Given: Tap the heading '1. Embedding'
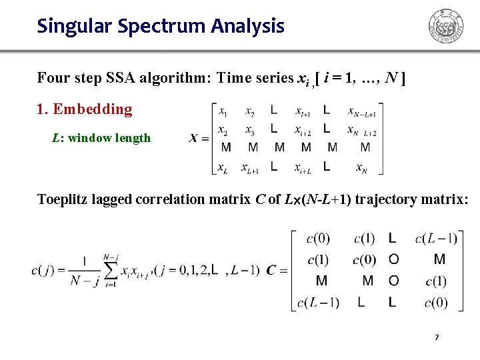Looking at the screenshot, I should (x=85, y=109).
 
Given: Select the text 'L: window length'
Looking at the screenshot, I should (x=101, y=138).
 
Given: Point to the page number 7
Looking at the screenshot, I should (x=437, y=337).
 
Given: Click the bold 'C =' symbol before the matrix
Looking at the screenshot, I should (x=277, y=270).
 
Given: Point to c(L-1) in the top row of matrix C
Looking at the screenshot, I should (x=435, y=238).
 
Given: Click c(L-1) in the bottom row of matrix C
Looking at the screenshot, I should (x=318, y=303).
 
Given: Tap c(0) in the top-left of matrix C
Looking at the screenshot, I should (x=318, y=238).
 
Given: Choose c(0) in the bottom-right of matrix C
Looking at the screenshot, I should (x=436, y=303).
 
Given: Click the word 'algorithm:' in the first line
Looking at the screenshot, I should (x=173, y=77).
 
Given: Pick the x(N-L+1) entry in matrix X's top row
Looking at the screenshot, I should (x=364, y=112).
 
